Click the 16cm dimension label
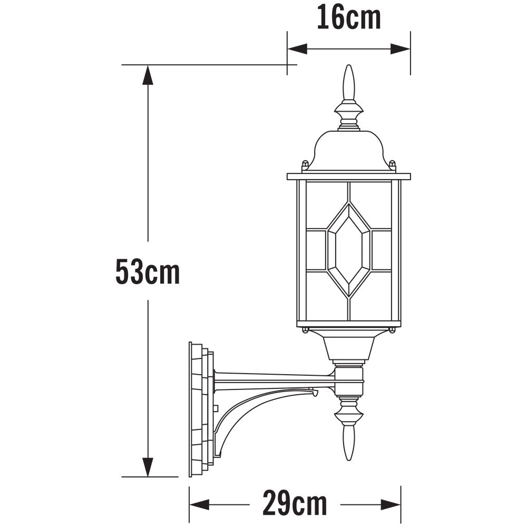tap(349, 17)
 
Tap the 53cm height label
tap(148, 271)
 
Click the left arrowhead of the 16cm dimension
tap(297, 48)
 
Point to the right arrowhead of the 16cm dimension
tap(401, 48)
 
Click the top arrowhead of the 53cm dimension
tap(148, 75)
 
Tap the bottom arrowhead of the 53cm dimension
tap(148, 467)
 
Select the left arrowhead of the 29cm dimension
tap(199, 504)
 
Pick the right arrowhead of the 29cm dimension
tap(391, 504)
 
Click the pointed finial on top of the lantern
tap(348, 83)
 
